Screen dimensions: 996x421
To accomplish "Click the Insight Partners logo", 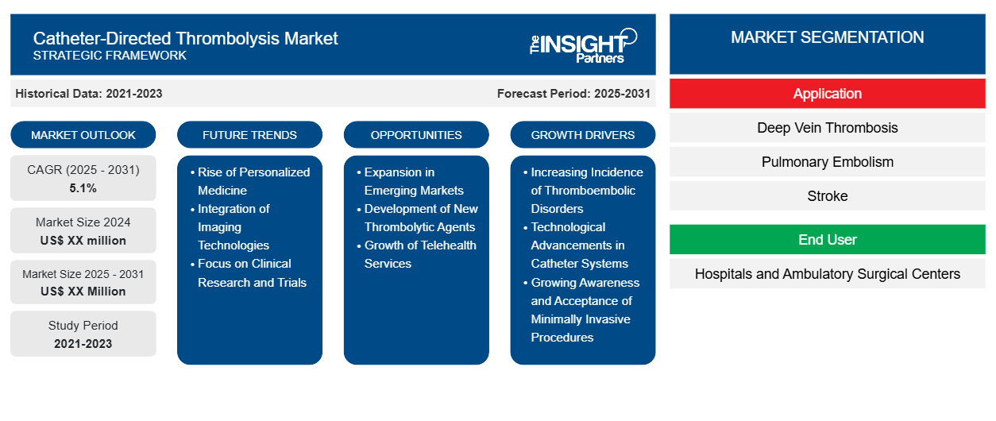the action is click(583, 46).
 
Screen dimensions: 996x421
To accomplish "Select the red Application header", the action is click(827, 94).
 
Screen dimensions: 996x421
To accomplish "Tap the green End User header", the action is click(827, 239).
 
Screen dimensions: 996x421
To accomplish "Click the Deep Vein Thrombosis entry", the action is click(827, 128).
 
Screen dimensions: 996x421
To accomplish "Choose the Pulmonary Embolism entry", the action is click(827, 162).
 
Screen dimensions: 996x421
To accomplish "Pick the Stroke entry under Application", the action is click(827, 195).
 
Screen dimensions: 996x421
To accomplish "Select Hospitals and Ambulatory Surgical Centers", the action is click(827, 274).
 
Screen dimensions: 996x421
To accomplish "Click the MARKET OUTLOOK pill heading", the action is click(83, 135).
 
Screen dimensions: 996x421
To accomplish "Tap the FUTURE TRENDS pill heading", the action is click(249, 135).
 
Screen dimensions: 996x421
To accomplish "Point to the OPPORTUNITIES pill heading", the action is click(416, 135).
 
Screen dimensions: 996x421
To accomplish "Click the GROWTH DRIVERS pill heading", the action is click(582, 135).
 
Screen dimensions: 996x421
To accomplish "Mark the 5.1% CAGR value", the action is click(83, 188).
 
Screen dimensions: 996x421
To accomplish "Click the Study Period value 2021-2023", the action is click(83, 344).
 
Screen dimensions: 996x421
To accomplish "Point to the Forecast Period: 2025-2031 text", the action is click(573, 94).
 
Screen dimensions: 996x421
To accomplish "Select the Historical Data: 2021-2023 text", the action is click(89, 94).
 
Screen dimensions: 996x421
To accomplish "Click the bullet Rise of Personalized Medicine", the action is click(250, 181).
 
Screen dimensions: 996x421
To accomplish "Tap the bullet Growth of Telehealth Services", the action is click(417, 254).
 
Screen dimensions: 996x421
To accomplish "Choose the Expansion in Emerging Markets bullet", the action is click(411, 181).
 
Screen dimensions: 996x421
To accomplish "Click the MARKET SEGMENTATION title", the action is click(827, 37).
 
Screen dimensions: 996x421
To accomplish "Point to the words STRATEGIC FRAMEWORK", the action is click(110, 56).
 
